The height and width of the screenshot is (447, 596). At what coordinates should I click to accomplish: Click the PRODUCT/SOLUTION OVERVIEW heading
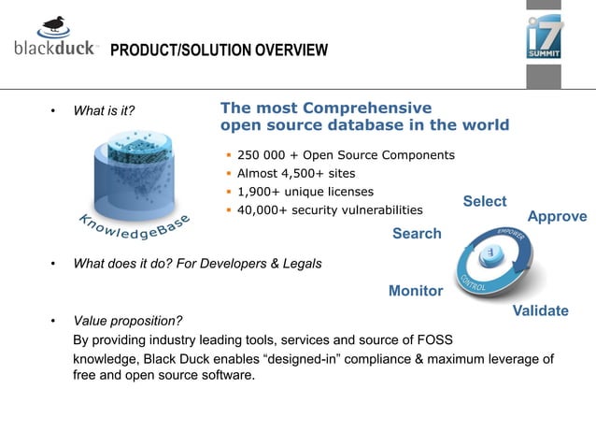pyautogui.click(x=220, y=50)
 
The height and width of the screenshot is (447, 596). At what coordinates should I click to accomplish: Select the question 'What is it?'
pyautogui.click(x=104, y=111)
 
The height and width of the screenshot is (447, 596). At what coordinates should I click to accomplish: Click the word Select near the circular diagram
pyautogui.click(x=485, y=201)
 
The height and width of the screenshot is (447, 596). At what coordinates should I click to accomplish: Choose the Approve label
pyautogui.click(x=557, y=216)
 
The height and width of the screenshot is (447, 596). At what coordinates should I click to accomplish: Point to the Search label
pyautogui.click(x=417, y=233)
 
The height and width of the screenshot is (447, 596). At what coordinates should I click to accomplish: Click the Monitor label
pyautogui.click(x=416, y=291)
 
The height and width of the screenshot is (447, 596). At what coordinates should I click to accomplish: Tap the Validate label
pyautogui.click(x=541, y=310)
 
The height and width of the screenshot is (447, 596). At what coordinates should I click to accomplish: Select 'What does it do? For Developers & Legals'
pyautogui.click(x=197, y=264)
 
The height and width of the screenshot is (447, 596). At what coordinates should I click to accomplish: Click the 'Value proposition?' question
pyautogui.click(x=127, y=322)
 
